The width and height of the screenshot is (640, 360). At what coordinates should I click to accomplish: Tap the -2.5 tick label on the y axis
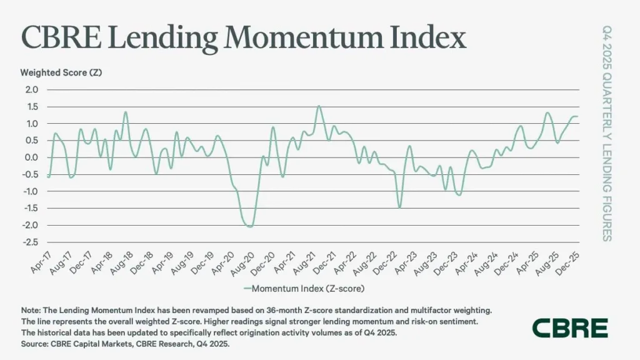(31, 242)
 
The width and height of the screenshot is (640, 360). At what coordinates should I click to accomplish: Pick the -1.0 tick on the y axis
(31, 192)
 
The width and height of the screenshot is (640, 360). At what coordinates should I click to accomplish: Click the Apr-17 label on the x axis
(39, 262)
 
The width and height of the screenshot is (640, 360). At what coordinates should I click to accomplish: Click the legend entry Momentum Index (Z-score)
(306, 289)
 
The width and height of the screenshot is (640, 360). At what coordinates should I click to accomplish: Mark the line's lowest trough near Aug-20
(250, 226)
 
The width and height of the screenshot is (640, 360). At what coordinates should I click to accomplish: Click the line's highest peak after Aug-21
(319, 106)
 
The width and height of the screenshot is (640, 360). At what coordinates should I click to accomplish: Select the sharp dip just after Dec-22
(399, 207)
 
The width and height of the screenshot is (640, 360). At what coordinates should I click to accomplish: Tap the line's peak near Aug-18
(126, 112)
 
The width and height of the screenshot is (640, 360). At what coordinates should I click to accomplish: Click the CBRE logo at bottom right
(569, 327)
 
